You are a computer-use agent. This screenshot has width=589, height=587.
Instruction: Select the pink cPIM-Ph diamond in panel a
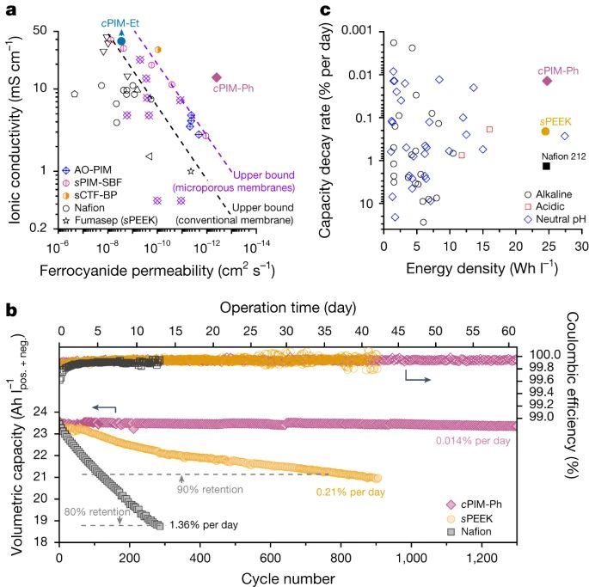pos(217,77)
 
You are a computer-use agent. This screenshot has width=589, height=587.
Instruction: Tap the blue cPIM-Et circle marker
pos(121,40)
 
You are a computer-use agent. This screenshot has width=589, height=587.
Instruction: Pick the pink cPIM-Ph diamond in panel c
pos(546,81)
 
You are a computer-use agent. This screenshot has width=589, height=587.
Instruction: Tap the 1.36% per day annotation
pos(204,524)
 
